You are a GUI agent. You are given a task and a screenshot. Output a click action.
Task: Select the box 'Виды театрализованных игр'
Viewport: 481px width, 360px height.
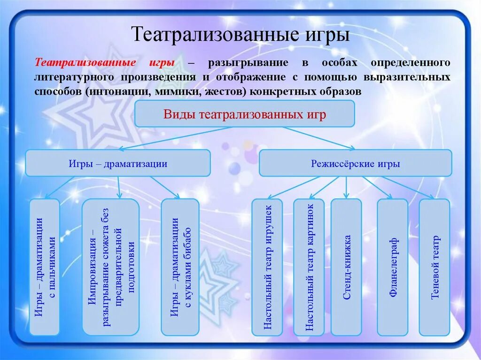244,114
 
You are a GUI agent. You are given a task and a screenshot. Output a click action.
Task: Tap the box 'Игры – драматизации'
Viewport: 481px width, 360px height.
118,163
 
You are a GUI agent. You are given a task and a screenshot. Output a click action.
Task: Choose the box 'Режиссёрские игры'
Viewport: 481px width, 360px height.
355,163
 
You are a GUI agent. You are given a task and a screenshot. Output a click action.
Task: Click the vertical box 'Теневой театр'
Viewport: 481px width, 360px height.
434,267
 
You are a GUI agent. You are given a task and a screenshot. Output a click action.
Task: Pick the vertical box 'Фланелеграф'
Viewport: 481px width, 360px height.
393,267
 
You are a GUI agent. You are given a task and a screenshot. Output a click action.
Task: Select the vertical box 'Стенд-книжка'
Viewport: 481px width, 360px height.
346,267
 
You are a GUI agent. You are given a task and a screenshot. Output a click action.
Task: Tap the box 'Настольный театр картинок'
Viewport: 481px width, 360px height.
309,267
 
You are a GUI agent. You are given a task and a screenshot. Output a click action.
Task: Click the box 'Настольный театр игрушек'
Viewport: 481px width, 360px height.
267,267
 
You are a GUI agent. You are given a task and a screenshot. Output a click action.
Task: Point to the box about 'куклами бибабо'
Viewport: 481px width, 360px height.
180,267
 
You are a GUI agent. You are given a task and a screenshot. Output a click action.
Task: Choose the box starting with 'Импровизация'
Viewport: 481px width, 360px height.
111,267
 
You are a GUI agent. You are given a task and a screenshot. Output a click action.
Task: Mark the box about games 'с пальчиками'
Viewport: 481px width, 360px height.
45,267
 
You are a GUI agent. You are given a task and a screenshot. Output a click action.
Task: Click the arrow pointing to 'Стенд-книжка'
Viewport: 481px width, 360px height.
346,188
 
